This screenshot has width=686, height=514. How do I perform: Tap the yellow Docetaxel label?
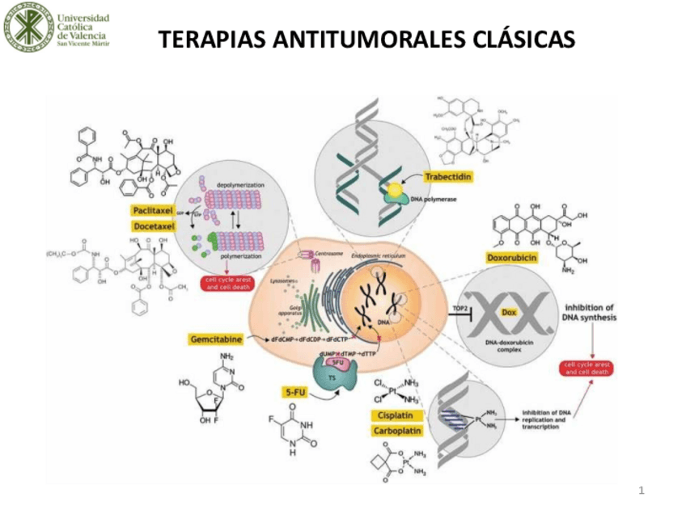tap(154, 226)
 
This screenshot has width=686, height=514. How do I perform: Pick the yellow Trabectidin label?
tap(447, 177)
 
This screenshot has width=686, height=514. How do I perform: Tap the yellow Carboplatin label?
tap(396, 431)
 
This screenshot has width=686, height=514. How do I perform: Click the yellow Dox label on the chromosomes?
tap(509, 312)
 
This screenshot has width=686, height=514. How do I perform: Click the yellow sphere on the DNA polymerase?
tap(394, 192)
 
